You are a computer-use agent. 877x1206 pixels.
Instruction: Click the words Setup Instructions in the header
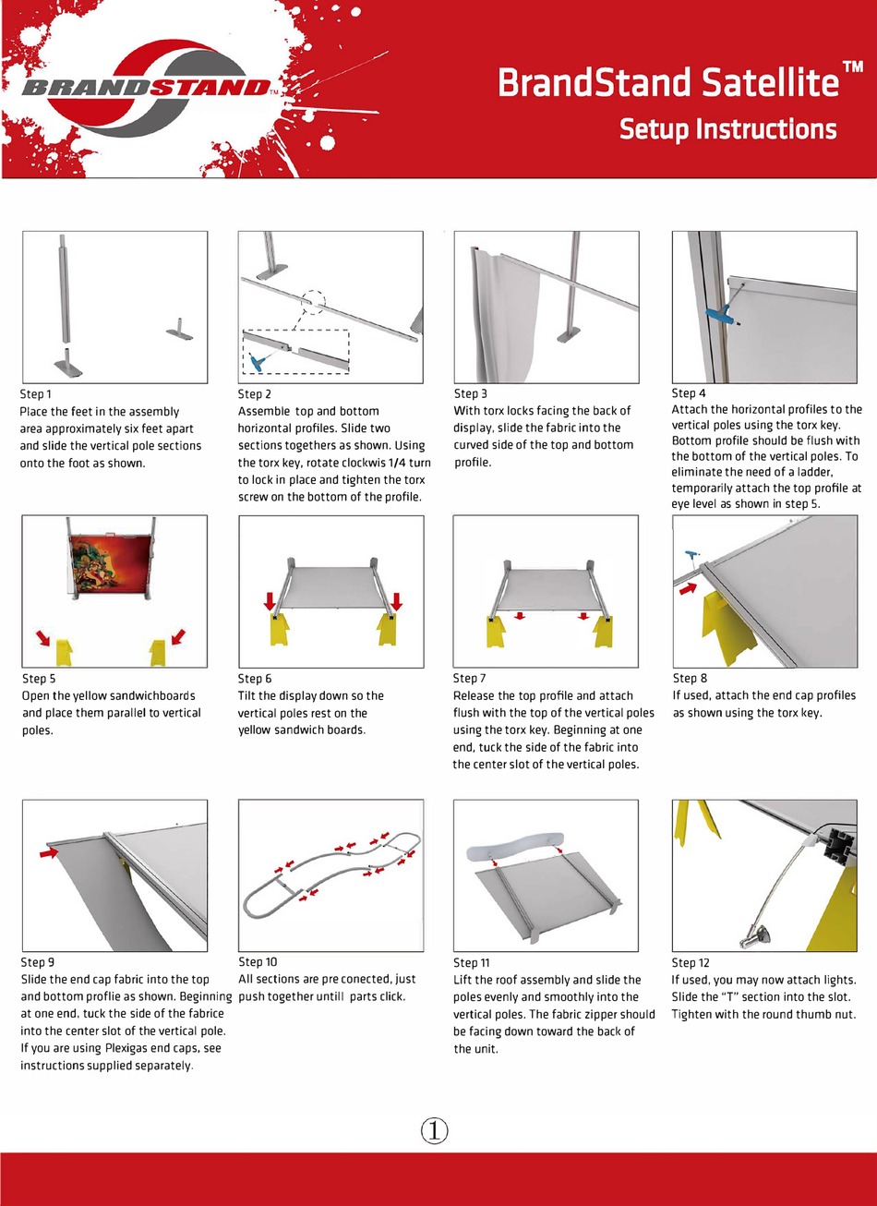click(x=727, y=128)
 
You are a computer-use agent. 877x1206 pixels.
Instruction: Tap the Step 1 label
click(x=36, y=394)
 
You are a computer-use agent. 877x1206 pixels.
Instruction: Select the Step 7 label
click(x=469, y=679)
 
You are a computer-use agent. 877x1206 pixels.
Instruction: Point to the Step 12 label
click(x=691, y=962)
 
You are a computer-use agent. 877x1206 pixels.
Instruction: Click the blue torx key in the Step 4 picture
click(x=718, y=313)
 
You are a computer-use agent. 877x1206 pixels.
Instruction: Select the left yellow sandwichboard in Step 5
click(x=64, y=652)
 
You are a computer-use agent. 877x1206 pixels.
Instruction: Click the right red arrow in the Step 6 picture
click(x=396, y=601)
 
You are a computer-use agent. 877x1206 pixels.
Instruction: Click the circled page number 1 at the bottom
click(x=435, y=1129)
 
